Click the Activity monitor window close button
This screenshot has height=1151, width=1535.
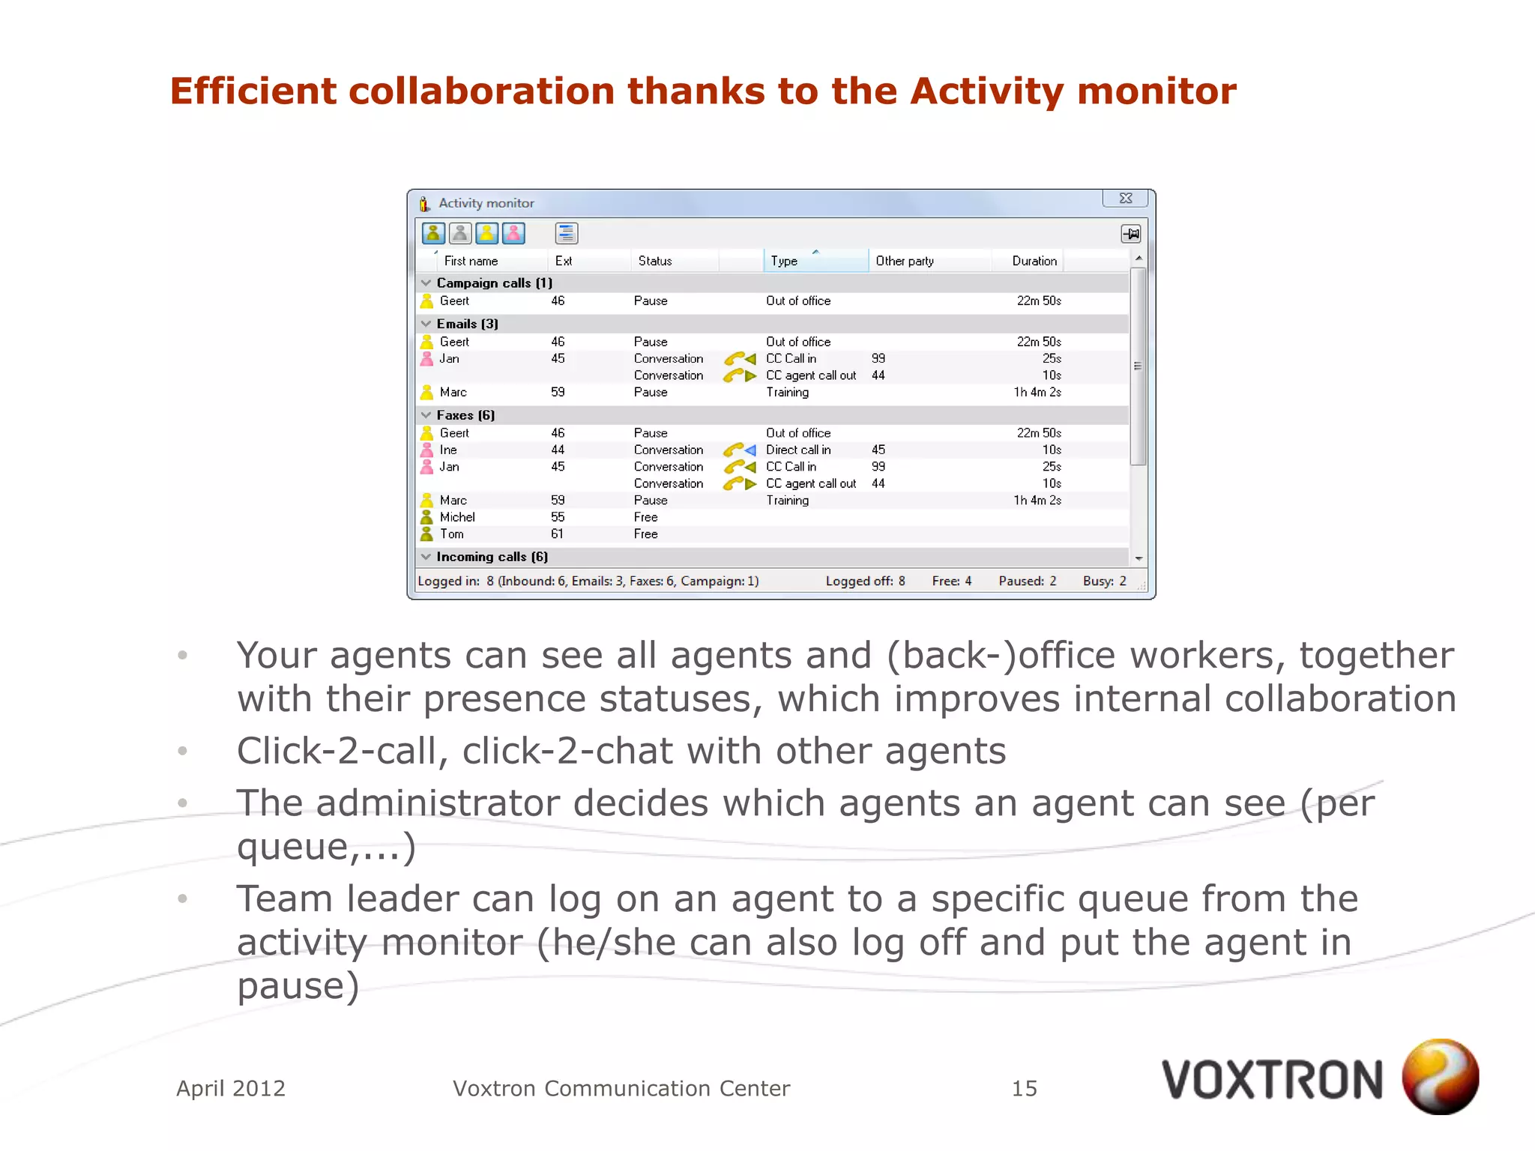1125,199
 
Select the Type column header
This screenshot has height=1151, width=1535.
784,261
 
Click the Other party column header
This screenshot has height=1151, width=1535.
905,261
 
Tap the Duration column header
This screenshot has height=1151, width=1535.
1034,261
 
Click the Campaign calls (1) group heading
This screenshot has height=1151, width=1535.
494,283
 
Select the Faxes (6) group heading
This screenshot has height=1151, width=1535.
465,415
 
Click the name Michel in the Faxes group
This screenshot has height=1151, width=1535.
457,517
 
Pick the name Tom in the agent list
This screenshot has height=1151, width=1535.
451,534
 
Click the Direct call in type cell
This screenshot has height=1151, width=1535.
798,450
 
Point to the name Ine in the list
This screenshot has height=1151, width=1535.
448,450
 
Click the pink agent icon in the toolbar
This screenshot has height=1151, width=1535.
513,234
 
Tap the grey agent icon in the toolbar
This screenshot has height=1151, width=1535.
460,234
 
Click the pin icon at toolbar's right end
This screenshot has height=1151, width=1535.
1130,234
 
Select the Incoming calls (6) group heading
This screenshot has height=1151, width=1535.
492,557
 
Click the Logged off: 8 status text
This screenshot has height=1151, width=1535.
865,581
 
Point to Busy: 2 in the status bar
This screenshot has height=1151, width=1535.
1104,581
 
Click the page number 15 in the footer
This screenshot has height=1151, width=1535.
1024,1088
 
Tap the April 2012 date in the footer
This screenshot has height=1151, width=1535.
231,1088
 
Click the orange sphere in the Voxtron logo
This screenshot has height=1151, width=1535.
1440,1076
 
